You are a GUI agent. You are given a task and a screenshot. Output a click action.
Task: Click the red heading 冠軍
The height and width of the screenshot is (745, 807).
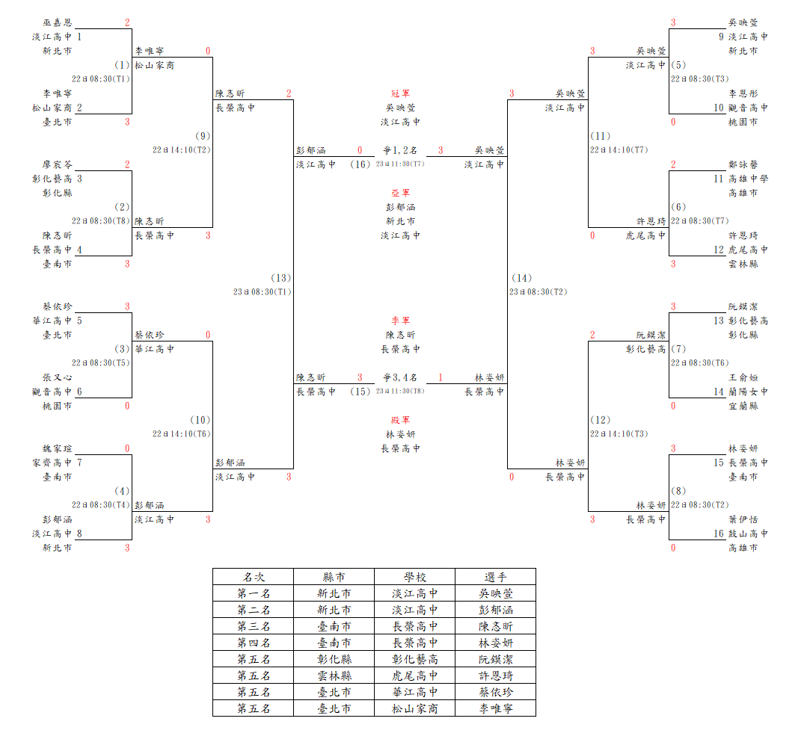pos(400,93)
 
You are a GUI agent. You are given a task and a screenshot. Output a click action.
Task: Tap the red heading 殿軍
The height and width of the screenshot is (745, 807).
pos(400,420)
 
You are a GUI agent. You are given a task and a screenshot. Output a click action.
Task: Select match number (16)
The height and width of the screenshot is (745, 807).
pos(360,164)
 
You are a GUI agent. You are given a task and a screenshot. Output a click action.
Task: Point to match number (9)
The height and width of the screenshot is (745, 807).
pos(203,136)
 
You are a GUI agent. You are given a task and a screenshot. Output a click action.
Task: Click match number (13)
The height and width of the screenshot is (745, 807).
pos(281,278)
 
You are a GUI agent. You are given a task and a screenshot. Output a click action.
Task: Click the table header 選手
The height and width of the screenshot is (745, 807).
pos(496,577)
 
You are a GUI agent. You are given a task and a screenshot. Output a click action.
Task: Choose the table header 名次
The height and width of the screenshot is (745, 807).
pos(254,577)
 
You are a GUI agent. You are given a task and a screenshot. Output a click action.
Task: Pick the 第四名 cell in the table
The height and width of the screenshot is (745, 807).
pos(254,643)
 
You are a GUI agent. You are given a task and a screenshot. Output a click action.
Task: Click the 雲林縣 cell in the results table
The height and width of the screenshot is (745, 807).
pos(334,676)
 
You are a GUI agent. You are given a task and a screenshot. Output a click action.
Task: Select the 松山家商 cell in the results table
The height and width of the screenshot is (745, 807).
pos(415,708)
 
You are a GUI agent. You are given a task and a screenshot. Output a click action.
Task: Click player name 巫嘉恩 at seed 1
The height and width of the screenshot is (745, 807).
pos(57,22)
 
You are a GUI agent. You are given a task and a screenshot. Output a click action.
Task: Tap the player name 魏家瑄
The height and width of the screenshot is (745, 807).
pos(57,448)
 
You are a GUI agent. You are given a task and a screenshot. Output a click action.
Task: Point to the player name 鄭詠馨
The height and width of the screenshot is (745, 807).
pos(743,164)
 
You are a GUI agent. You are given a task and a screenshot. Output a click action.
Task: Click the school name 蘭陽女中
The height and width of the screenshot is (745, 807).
pos(749,392)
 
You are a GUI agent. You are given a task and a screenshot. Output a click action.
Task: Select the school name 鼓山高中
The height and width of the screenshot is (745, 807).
pos(749,534)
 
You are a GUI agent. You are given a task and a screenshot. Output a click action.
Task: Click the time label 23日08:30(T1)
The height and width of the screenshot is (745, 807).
pos(263,292)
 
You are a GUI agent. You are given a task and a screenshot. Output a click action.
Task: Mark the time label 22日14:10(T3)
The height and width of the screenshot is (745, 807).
pos(619,434)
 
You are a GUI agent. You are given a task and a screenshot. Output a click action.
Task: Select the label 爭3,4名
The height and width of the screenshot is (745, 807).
pos(400,377)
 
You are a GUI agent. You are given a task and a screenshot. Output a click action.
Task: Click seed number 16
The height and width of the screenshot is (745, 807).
pos(719,534)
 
